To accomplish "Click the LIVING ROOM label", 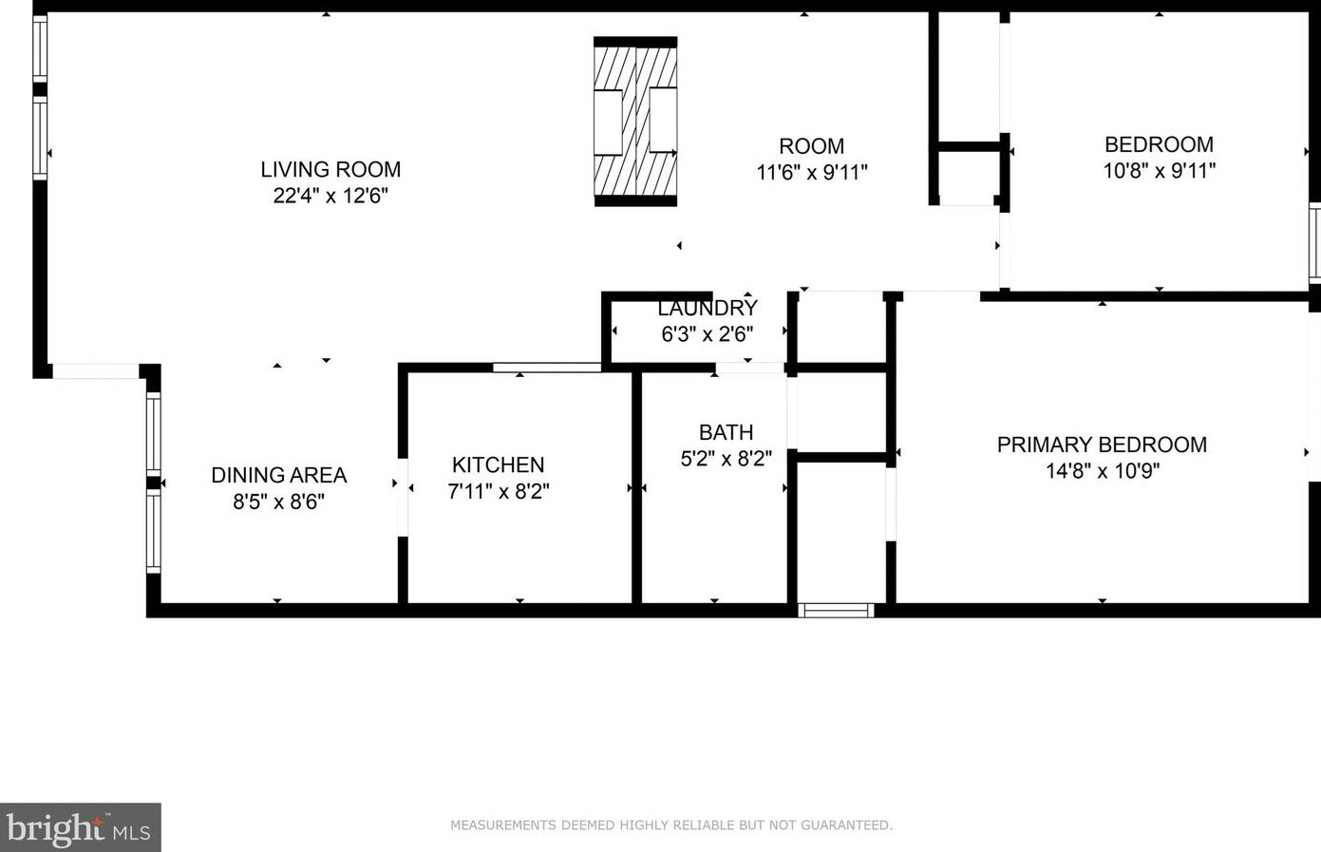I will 330,169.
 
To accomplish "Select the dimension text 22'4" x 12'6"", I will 330,196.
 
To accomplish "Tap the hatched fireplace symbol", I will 635,122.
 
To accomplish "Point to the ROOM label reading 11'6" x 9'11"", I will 811,146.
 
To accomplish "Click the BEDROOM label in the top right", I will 1159,144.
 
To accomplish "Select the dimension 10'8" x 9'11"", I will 1159,171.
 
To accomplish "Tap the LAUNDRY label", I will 708,309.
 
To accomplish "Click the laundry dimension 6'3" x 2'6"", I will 708,334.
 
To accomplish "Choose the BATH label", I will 726,433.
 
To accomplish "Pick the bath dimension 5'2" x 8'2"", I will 726,459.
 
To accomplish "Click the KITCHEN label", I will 498,465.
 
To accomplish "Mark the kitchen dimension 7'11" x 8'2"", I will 498,491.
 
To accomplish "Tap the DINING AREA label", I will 278,475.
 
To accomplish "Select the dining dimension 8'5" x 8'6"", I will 278,502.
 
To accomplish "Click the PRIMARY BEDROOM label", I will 1102,445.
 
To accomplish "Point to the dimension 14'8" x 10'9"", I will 1102,471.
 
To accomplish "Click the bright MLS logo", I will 80,828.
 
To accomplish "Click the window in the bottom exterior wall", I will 836,610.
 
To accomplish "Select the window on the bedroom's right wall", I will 1314,242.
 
